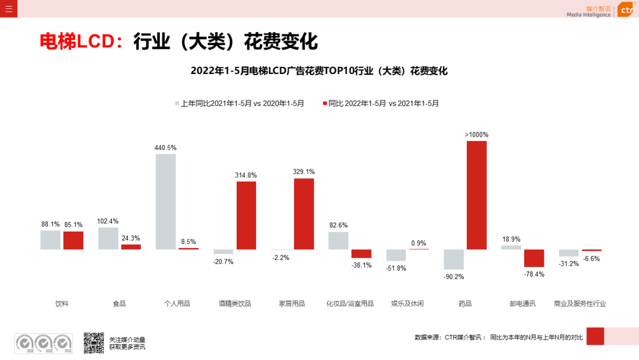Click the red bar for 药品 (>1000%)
(x=476, y=195)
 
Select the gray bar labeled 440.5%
(x=166, y=201)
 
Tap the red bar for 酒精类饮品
(x=246, y=215)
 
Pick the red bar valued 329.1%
(x=304, y=214)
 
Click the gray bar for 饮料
(x=50, y=240)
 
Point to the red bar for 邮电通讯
(x=534, y=258)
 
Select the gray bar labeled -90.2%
(x=454, y=259)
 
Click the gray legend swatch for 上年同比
(x=177, y=103)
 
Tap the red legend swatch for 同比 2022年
(x=325, y=103)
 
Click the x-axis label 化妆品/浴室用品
(x=350, y=304)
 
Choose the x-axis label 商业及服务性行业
(x=580, y=304)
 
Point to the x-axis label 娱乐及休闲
(x=407, y=304)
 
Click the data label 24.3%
(x=131, y=239)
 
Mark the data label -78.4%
(x=534, y=274)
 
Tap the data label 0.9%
(x=418, y=243)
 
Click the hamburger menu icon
(x=8, y=8)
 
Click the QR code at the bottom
(x=93, y=342)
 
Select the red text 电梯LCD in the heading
(x=76, y=41)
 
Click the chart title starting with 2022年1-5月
(x=319, y=71)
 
